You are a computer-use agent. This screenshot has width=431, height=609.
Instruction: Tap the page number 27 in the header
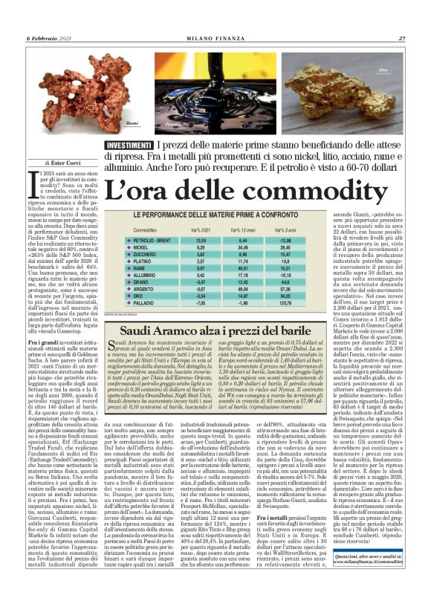click(x=401, y=38)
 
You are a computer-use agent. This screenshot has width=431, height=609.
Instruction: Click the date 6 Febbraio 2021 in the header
click(x=49, y=38)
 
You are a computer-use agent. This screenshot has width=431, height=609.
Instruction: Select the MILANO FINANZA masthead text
click(x=215, y=38)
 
